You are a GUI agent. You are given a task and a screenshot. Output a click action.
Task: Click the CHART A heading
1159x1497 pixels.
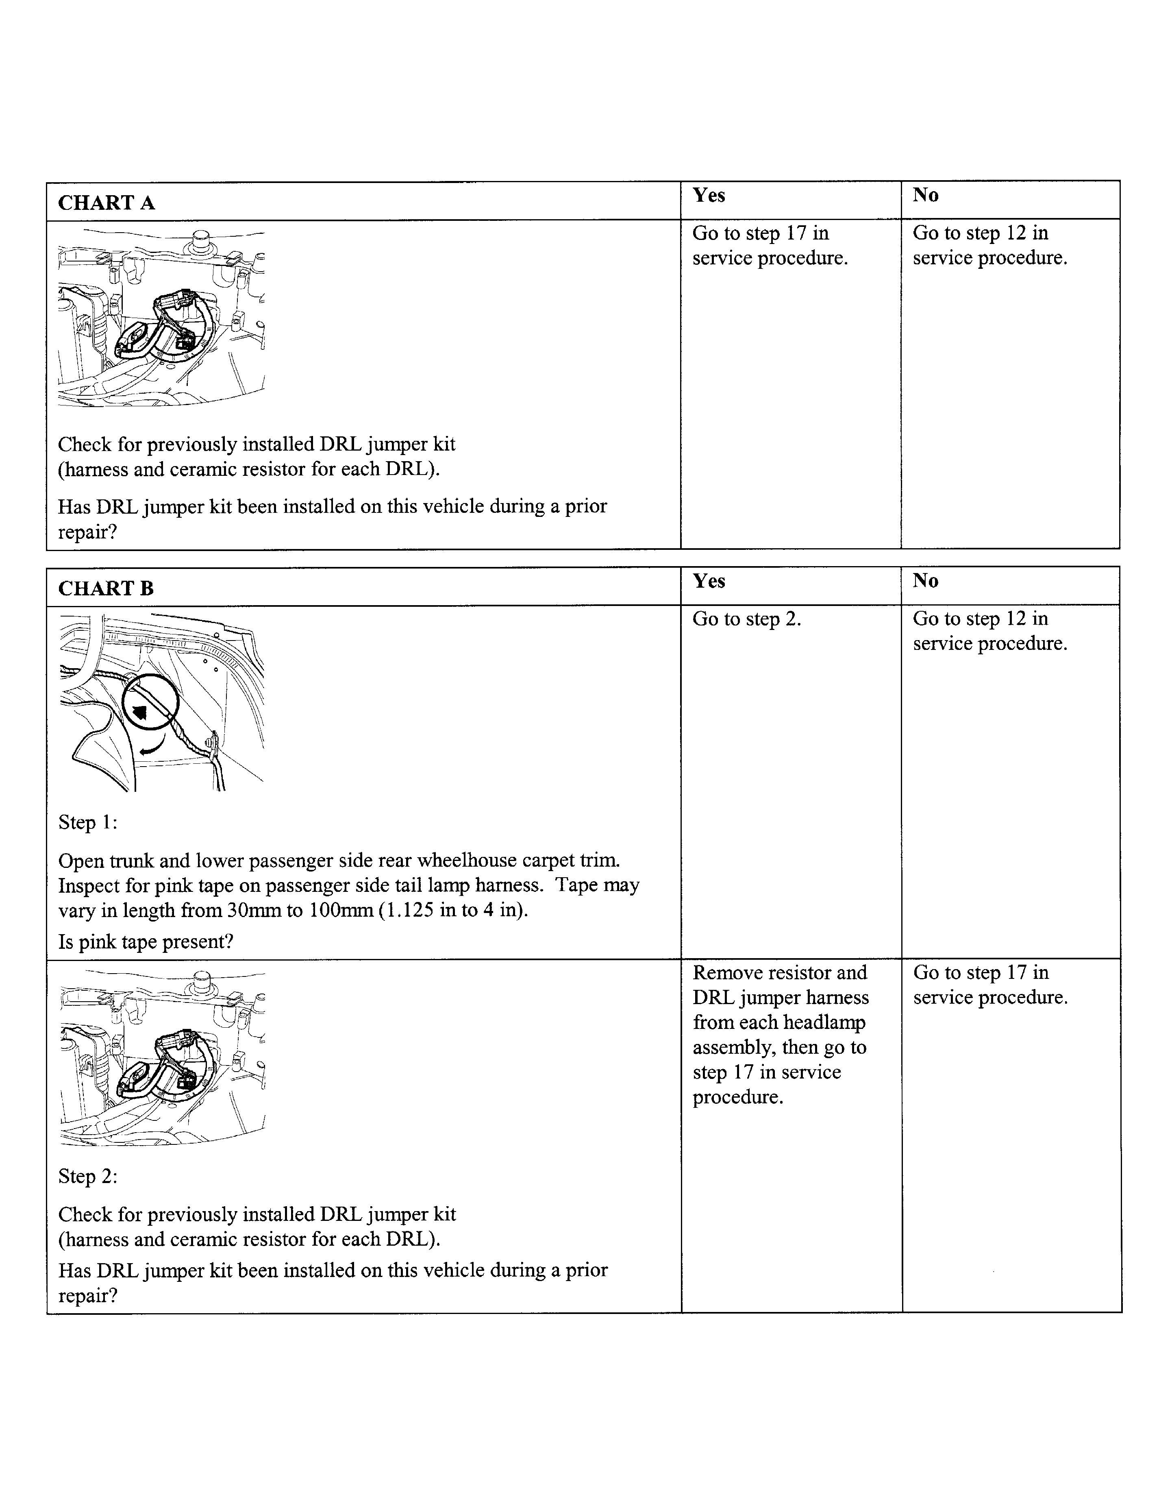[106, 203]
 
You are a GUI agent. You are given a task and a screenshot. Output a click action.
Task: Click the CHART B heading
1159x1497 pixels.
[106, 588]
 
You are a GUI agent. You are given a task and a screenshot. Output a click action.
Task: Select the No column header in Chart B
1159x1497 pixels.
[925, 581]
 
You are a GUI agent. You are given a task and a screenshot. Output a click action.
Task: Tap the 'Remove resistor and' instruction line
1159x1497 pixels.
[780, 973]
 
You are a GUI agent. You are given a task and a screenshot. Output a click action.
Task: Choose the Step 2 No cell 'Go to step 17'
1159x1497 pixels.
[980, 973]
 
